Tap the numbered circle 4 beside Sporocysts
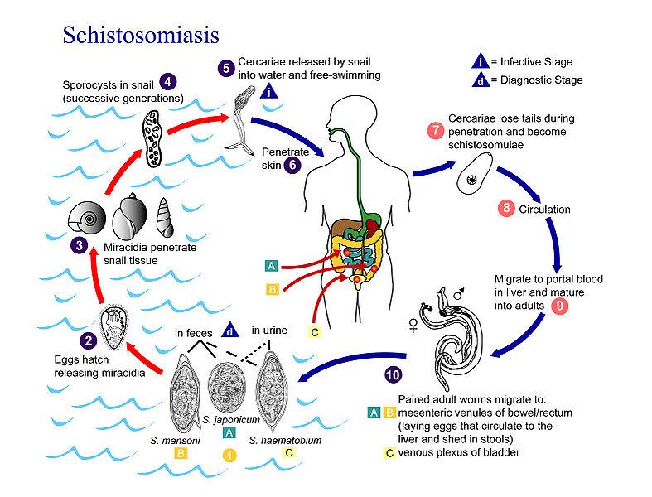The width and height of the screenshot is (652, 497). tap(168, 81)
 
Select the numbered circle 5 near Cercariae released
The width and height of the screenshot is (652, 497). tap(226, 67)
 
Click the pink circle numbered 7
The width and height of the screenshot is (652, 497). tap(435, 131)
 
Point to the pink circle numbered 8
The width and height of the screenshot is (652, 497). tap(505, 209)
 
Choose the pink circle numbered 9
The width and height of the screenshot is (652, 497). tap(559, 305)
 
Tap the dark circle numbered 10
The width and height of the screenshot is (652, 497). tap(394, 374)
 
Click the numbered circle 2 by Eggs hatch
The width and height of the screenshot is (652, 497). tap(87, 339)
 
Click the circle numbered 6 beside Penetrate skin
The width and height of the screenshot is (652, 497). tap(291, 164)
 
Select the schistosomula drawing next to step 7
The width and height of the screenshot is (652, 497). tap(475, 177)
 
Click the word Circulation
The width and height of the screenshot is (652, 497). tap(543, 210)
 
